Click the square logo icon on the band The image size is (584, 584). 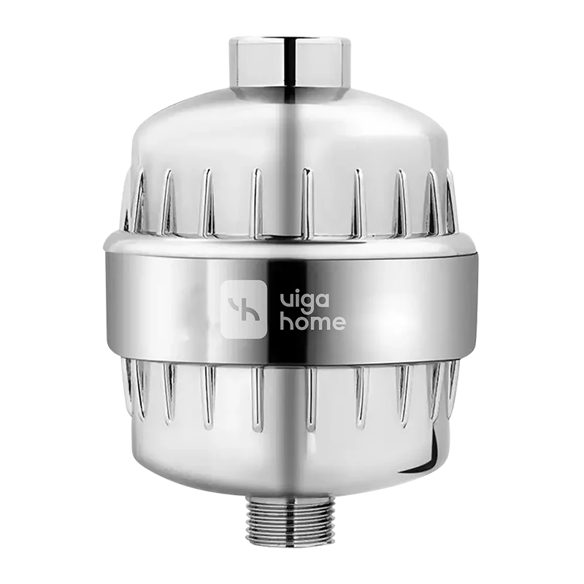[244, 309]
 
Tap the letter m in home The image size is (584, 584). [321, 323]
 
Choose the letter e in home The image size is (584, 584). [339, 323]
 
